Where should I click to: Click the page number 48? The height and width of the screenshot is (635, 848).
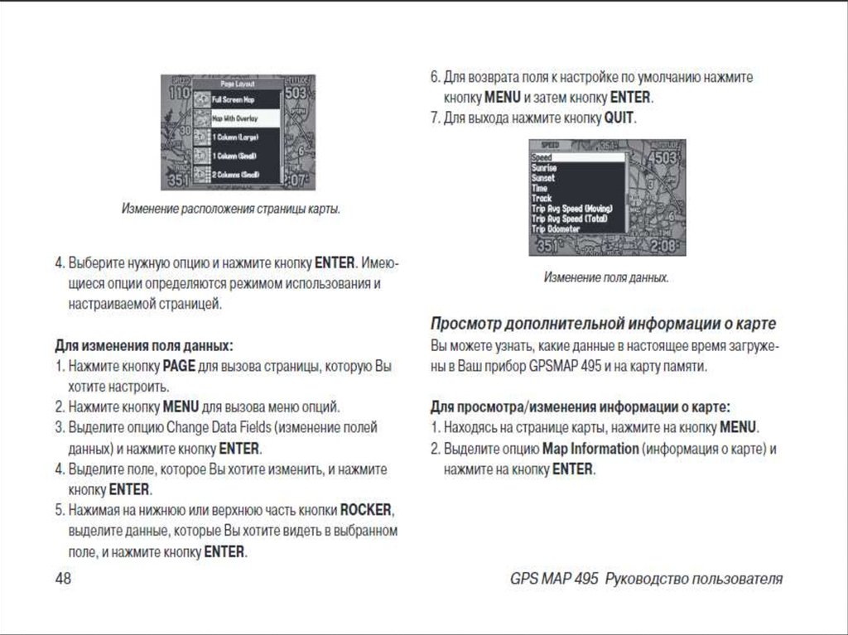coord(63,579)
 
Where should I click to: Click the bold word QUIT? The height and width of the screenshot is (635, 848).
coord(619,118)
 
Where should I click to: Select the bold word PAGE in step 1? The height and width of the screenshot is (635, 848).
coord(178,365)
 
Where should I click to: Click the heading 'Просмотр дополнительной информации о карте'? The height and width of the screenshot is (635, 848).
coord(604,322)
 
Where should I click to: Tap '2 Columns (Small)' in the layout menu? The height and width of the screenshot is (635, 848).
coord(235,175)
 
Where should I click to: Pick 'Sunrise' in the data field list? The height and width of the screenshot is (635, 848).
coord(546,167)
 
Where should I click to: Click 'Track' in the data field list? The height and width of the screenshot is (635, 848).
coord(542,199)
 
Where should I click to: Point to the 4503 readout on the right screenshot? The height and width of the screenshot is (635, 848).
coord(662,157)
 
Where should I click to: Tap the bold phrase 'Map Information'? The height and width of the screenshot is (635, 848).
coord(590,449)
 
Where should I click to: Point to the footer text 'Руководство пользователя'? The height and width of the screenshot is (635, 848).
coord(694,579)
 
